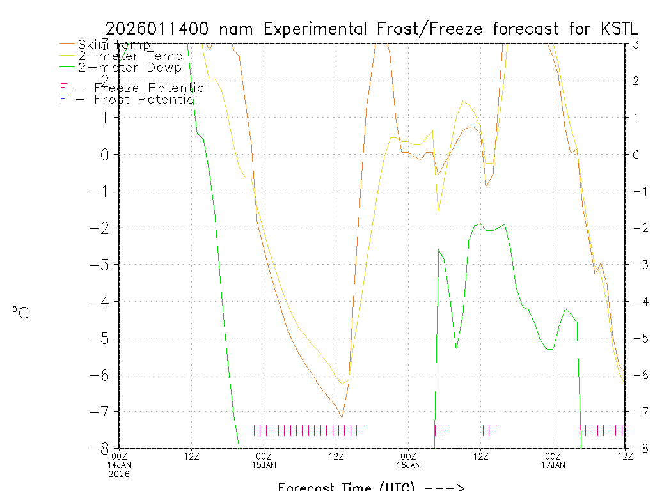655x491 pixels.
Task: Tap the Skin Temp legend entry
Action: click(x=114, y=45)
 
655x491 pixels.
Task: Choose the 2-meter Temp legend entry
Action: click(x=130, y=56)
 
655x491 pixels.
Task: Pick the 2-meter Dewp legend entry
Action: click(x=129, y=67)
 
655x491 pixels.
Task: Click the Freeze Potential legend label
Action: click(x=151, y=88)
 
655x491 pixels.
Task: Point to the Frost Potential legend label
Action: click(x=145, y=100)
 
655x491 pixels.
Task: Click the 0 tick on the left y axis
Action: click(x=106, y=154)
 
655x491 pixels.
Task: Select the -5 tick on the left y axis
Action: click(x=102, y=338)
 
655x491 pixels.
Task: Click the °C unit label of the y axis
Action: click(x=20, y=313)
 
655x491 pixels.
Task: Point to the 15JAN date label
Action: click(x=264, y=465)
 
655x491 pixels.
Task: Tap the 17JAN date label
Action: click(x=553, y=465)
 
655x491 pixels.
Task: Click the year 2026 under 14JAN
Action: click(x=119, y=474)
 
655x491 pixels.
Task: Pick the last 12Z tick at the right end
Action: click(x=625, y=456)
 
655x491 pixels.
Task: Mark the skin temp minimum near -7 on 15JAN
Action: click(x=342, y=417)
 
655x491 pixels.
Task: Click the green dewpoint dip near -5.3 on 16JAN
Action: click(x=457, y=348)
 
